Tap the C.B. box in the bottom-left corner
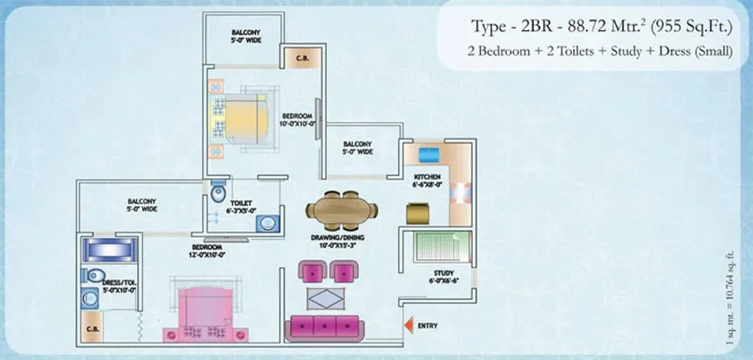click(92, 328)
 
